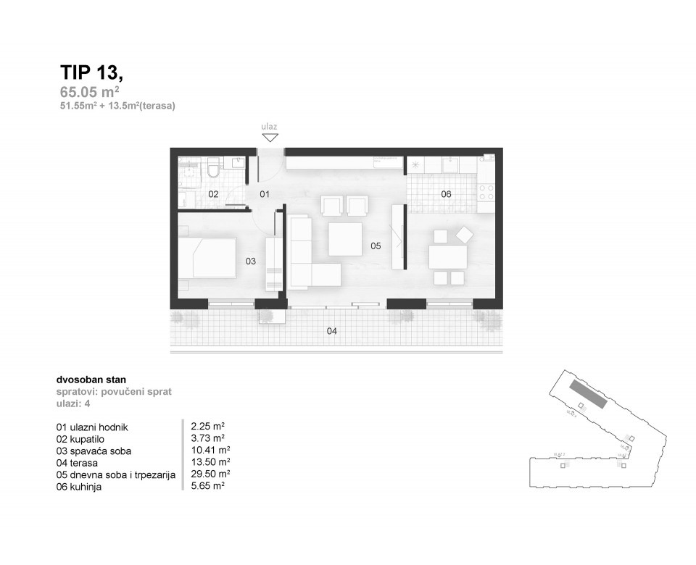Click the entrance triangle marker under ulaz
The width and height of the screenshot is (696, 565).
coord(270,138)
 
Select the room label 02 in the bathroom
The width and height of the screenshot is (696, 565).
coord(213,194)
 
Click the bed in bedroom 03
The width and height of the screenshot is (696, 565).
coord(209,259)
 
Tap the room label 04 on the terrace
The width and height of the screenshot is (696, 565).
coord(332,331)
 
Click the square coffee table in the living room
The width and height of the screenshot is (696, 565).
coord(345,239)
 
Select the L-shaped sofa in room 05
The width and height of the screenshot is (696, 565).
coord(308,257)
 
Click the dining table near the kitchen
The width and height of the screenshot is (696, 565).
coord(447,257)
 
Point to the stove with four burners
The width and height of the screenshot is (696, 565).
coord(485,193)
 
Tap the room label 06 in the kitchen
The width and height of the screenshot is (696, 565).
coord(446,194)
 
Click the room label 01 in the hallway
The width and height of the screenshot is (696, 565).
coord(265,194)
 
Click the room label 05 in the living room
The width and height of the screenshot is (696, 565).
coord(376,246)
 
